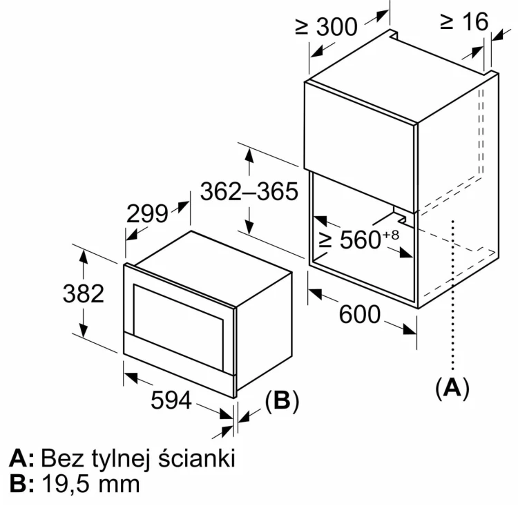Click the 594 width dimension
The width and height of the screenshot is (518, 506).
pyautogui.click(x=171, y=400)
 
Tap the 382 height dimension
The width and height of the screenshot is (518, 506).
pyautogui.click(x=84, y=293)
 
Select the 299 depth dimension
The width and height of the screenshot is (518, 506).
pyautogui.click(x=147, y=214)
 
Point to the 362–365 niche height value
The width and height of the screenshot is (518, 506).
pyautogui.click(x=249, y=191)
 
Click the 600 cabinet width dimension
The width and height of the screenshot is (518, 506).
pyautogui.click(x=360, y=314)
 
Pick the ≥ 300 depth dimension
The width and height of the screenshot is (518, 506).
pyautogui.click(x=327, y=26)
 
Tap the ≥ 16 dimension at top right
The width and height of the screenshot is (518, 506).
pyautogui.click(x=464, y=21)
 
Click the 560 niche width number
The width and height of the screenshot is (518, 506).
pyautogui.click(x=361, y=240)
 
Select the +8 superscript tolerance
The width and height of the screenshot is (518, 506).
pyautogui.click(x=391, y=235)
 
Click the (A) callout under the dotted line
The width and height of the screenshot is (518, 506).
pyautogui.click(x=452, y=387)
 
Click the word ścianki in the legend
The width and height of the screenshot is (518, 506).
pyautogui.click(x=197, y=458)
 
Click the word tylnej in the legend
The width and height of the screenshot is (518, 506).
pyautogui.click(x=121, y=459)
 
